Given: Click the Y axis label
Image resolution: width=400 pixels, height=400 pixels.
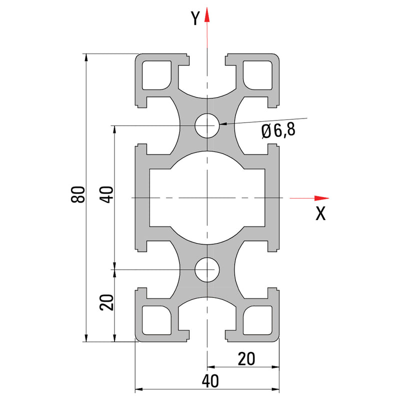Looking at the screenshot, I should click(x=195, y=18).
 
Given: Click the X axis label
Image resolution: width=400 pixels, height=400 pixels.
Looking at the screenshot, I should click(x=320, y=214).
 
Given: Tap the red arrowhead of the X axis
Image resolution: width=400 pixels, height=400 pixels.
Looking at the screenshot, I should click(x=320, y=198).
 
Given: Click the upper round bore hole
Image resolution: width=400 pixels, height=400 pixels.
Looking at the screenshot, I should click(x=207, y=125).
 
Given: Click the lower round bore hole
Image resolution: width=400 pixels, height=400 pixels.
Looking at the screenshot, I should click(x=207, y=270).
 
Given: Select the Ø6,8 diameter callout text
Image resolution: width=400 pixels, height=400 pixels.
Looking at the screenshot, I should click(x=278, y=131).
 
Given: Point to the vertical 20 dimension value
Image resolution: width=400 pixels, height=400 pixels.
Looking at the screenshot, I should click(x=107, y=302).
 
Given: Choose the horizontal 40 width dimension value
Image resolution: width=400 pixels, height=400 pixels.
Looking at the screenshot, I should click(x=210, y=381).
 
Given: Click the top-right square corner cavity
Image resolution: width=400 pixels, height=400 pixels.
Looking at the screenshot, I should click(x=258, y=74).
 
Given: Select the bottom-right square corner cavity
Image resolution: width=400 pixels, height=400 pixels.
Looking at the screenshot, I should click(x=258, y=320).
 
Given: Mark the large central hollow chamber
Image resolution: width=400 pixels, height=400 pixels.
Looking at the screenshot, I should click(x=207, y=198).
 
